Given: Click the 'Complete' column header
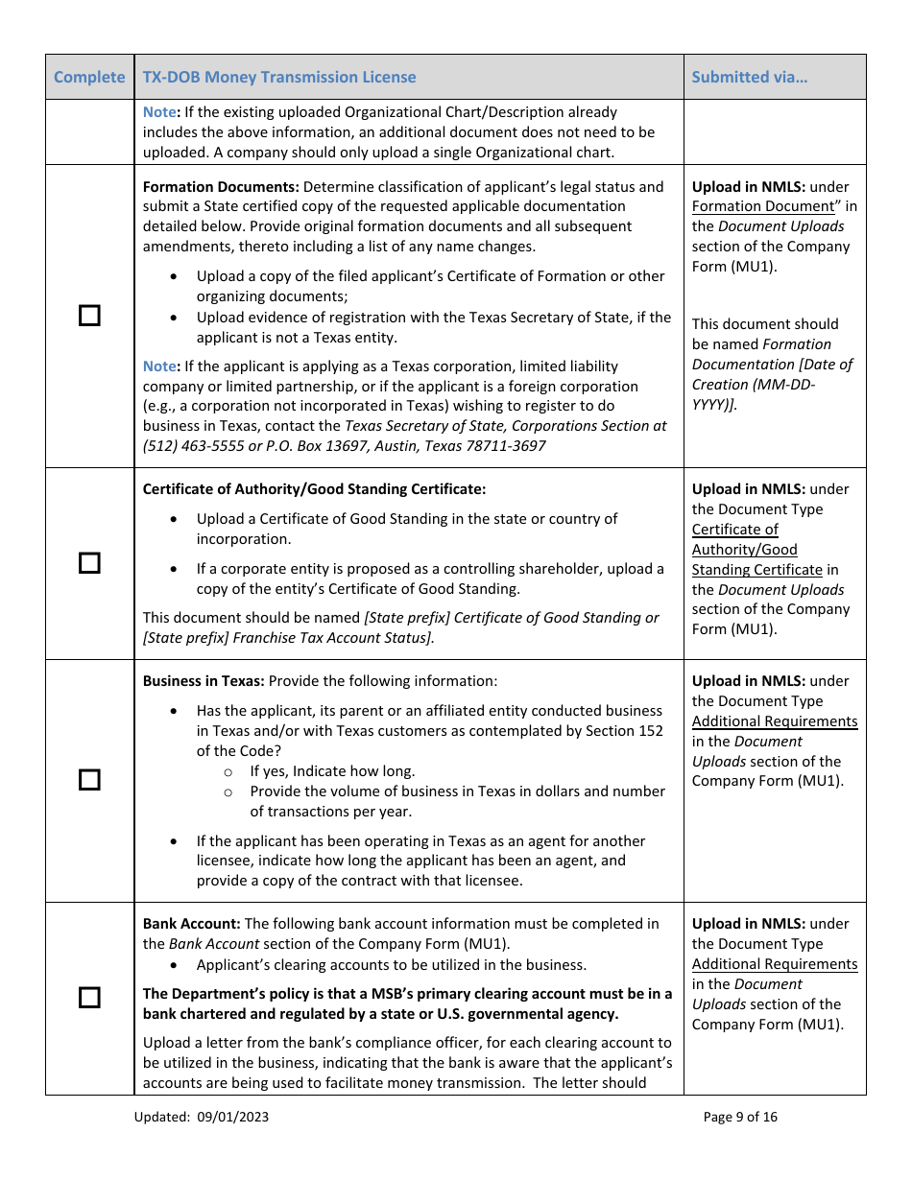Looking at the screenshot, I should pos(89,77).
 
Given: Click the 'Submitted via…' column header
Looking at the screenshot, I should pos(749,77).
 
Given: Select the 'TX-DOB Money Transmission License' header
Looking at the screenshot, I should pos(279,77).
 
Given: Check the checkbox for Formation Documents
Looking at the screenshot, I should pos(89,316).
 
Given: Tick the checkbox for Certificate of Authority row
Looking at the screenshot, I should pos(89,563).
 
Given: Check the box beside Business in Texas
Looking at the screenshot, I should pos(89,780).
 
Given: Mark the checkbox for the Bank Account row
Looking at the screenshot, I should pos(89,998).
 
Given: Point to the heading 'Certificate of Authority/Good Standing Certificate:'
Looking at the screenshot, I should pos(314,489).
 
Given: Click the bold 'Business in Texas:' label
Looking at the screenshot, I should pos(204,681).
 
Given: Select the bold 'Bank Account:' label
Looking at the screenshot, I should pos(192,924).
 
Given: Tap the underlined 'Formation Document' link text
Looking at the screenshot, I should pos(763,206).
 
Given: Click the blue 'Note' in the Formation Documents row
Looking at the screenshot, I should pos(159,366).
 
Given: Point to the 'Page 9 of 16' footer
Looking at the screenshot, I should pos(740,1117).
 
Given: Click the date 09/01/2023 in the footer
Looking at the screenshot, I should pos(233,1117).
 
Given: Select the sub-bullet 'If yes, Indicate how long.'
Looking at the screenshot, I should pos(332,771).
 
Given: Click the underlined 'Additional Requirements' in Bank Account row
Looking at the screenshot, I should pos(774,964).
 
